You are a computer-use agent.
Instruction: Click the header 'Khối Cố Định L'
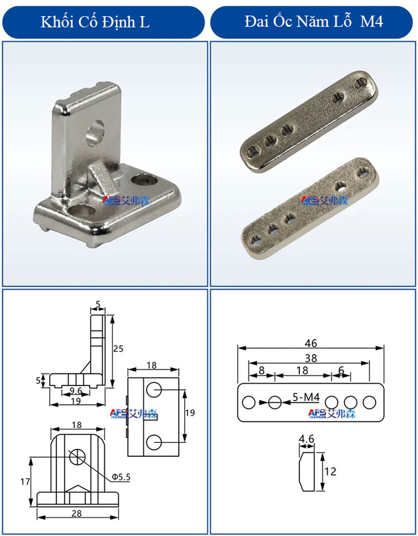95,22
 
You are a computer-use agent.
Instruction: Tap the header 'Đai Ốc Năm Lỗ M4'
313,21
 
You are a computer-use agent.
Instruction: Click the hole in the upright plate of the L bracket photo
95,133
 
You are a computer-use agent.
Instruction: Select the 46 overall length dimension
310,343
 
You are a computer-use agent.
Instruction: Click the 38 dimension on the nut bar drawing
311,358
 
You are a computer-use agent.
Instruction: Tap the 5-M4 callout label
306,397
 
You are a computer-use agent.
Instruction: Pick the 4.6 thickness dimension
306,439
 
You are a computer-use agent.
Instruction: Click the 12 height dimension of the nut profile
330,471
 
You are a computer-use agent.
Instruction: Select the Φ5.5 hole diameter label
121,476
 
